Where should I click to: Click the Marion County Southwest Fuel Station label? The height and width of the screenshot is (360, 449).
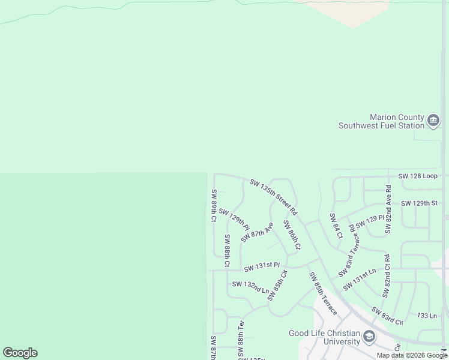pos(381,121)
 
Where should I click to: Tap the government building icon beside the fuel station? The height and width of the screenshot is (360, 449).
pos(433,122)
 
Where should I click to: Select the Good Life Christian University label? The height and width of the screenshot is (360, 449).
pos(324,338)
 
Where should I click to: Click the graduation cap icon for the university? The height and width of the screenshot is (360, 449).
pos(369,337)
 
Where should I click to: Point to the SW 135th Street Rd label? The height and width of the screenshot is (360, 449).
pos(273,196)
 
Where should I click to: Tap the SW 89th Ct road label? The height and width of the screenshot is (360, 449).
pos(213,206)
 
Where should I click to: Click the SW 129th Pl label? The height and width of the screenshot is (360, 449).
pos(234,219)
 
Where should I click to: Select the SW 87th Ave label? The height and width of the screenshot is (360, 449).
pos(257,232)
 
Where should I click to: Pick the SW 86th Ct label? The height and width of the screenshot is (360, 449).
pos(292,235)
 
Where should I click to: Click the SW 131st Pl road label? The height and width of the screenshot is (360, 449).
pos(262,266)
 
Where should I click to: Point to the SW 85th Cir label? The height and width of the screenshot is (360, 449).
pos(277,285)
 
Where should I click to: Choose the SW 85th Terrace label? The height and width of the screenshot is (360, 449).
pos(323,294)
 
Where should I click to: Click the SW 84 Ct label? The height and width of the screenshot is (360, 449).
pos(336,226)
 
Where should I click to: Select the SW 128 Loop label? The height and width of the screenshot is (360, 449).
pos(418,176)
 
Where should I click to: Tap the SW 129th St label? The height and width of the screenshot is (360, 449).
pos(419,203)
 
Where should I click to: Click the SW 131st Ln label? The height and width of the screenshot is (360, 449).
pos(359,279)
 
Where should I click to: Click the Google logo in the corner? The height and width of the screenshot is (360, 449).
pos(20,353)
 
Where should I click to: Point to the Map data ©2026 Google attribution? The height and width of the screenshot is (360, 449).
pos(412,355)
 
